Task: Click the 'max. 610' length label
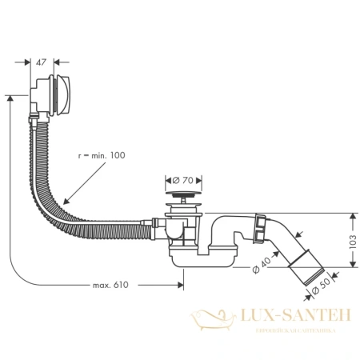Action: [110, 284]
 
